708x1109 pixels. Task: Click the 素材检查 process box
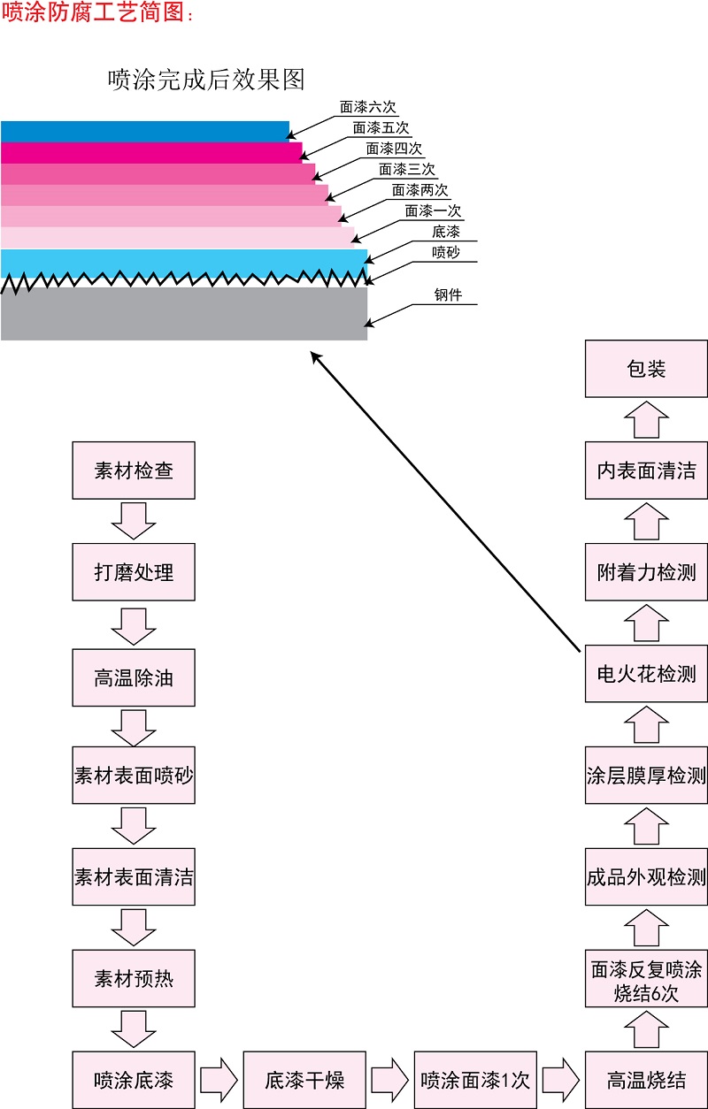click(x=134, y=470)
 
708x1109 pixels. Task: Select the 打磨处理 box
click(x=134, y=572)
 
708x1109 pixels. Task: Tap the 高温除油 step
click(x=134, y=678)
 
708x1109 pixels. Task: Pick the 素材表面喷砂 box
click(x=134, y=776)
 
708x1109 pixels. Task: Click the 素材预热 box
click(x=134, y=979)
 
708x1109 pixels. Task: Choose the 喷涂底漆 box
click(x=134, y=1080)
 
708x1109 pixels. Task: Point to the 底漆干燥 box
click(x=304, y=1080)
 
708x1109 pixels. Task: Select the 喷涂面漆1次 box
click(x=475, y=1080)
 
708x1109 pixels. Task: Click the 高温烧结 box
click(x=646, y=1080)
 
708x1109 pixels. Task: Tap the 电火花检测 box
click(x=646, y=674)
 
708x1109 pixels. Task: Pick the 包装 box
click(x=646, y=369)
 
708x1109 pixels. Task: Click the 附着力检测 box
click(x=646, y=572)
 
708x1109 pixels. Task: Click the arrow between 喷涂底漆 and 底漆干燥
click(x=219, y=1080)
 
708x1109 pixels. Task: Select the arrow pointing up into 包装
click(x=647, y=419)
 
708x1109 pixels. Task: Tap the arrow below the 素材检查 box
click(x=134, y=520)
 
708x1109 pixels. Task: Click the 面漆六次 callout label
click(x=368, y=108)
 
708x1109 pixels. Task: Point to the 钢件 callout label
click(x=448, y=295)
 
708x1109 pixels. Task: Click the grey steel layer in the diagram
click(x=183, y=314)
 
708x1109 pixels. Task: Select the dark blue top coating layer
click(x=144, y=132)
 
